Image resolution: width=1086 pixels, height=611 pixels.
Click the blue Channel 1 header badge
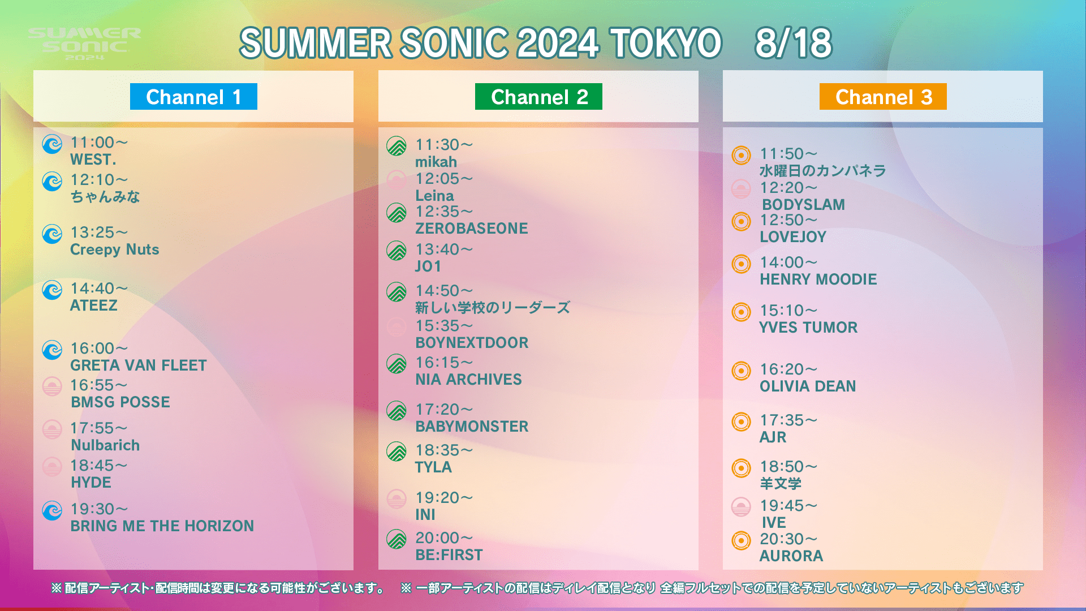click(193, 97)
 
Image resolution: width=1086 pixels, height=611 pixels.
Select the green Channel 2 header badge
click(538, 97)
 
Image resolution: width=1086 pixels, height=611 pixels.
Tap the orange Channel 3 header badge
click(883, 97)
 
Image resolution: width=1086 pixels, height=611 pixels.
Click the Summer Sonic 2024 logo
click(84, 44)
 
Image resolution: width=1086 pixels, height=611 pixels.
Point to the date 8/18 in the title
click(793, 43)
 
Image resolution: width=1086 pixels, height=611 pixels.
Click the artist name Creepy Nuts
click(114, 249)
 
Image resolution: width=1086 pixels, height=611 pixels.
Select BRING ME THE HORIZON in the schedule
click(162, 526)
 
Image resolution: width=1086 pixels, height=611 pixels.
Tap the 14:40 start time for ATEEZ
click(99, 289)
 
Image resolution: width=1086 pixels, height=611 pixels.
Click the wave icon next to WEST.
click(52, 144)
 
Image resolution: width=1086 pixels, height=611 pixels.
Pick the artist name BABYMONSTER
click(472, 427)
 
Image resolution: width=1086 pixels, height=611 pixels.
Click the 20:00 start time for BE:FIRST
click(444, 538)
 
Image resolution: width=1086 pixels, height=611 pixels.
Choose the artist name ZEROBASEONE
click(472, 229)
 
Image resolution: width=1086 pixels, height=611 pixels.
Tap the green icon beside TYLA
click(397, 451)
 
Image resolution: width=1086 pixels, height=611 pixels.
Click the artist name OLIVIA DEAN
click(808, 386)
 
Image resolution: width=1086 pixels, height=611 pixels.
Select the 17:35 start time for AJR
click(788, 420)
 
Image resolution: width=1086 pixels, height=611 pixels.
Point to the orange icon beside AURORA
click(741, 540)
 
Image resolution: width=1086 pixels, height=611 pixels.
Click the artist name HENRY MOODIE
click(818, 279)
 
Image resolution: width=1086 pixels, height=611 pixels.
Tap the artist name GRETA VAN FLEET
click(139, 365)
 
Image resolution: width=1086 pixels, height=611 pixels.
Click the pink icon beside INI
click(397, 499)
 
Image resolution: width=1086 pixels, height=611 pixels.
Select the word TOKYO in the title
click(665, 43)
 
